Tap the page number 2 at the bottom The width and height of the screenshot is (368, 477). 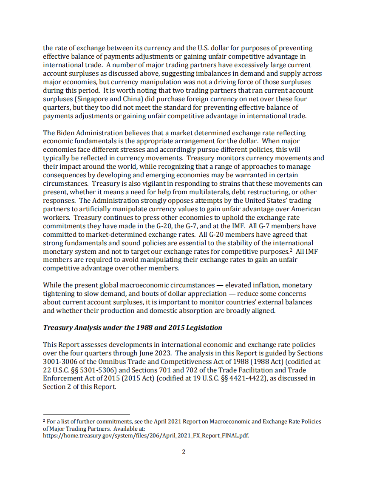click(x=184, y=451)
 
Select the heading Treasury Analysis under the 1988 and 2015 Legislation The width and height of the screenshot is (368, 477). click(x=133, y=327)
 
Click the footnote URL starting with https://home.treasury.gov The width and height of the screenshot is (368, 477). click(x=146, y=436)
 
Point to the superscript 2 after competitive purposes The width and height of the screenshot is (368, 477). click(x=291, y=250)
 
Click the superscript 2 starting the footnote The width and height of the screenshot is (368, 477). click(x=44, y=420)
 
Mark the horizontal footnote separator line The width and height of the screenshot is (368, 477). click(x=86, y=414)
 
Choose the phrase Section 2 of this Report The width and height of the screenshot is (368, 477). click(x=79, y=387)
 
